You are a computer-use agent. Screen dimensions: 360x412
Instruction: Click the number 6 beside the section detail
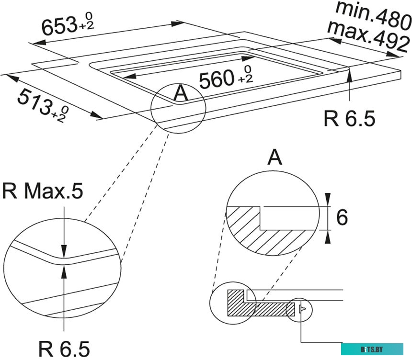[x=342, y=218]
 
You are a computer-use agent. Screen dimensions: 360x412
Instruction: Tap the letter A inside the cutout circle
[x=181, y=93]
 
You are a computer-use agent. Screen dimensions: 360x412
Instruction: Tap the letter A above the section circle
[x=274, y=157]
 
